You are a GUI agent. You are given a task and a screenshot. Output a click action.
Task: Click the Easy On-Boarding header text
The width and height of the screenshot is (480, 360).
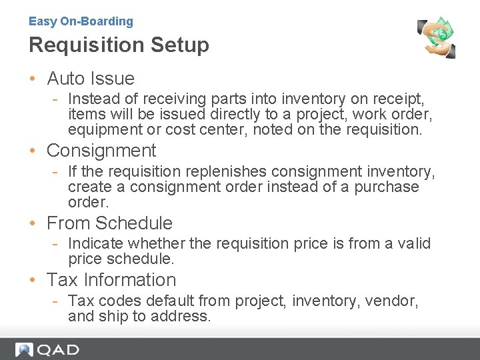[x=81, y=21]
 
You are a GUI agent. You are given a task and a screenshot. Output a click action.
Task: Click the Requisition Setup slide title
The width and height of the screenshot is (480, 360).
[x=119, y=45]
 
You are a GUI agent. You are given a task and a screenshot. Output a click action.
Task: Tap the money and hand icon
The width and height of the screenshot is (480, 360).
[x=437, y=37]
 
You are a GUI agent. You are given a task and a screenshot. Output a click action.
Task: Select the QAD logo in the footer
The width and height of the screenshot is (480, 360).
[x=47, y=349]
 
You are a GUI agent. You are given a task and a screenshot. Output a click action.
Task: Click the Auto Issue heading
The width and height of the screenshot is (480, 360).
[x=91, y=79]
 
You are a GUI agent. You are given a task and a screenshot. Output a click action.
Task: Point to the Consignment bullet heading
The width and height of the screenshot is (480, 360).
[x=101, y=151]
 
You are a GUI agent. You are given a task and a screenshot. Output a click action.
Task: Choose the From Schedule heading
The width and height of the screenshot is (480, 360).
[x=109, y=223]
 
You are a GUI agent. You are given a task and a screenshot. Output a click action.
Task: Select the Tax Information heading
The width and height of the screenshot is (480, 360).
[x=111, y=280]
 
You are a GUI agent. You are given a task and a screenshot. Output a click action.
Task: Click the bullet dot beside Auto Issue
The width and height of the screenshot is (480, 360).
[x=33, y=79]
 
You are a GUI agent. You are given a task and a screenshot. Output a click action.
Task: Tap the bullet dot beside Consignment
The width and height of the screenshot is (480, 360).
[x=33, y=151]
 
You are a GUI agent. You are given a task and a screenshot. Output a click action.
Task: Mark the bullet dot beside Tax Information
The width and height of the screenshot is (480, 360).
[x=33, y=281]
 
